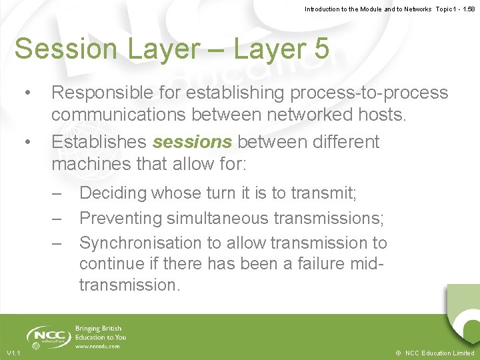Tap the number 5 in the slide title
pyautogui.click(x=319, y=49)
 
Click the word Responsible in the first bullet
pyautogui.click(x=103, y=93)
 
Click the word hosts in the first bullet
pyautogui.click(x=379, y=115)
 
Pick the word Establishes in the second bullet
pyautogui.click(x=99, y=142)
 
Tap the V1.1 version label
pyautogui.click(x=13, y=353)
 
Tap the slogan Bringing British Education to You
pyautogui.click(x=100, y=333)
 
